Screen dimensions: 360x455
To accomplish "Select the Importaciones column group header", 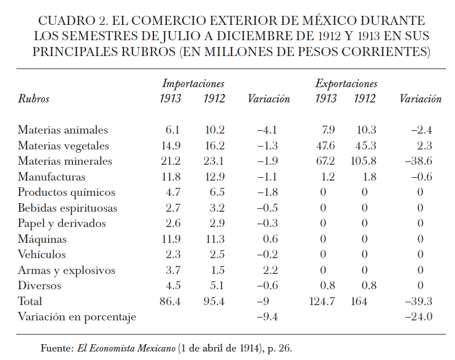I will tap(193, 84).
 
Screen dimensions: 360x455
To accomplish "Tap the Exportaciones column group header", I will tap(346, 84).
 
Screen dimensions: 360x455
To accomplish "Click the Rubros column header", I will tap(33, 99).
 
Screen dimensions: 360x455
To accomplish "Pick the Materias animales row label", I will tap(63, 130).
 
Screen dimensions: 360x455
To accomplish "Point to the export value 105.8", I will tap(364, 161).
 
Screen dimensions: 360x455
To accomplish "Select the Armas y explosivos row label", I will tap(66, 271).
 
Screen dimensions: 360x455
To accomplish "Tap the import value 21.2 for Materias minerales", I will tap(170, 161).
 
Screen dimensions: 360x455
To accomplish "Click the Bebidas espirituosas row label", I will tap(67, 208).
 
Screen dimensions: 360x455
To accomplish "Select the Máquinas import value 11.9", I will tap(170, 239).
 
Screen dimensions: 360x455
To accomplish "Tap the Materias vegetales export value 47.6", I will tap(325, 146).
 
